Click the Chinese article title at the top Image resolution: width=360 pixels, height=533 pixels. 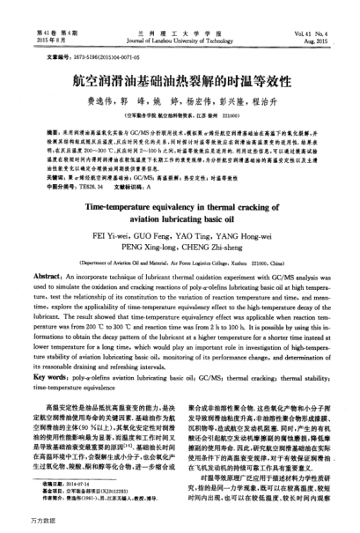coord(180,75)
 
